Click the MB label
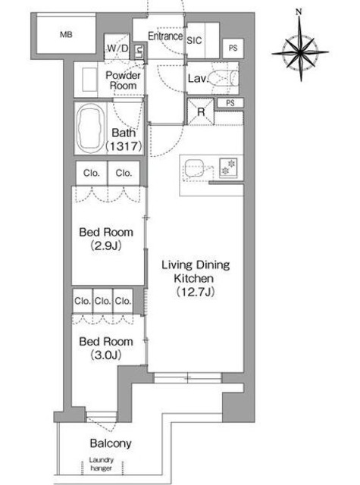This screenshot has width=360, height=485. tap(66, 34)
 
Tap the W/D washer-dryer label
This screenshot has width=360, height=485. tap(117, 48)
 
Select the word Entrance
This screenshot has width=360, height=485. tap(165, 36)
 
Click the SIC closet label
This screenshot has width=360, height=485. tap(194, 40)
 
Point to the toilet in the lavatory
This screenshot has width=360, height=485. tap(222, 77)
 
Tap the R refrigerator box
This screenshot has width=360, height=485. tap(201, 111)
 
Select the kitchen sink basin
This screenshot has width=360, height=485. tap(194, 168)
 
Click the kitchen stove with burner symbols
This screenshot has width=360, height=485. tap(228, 167)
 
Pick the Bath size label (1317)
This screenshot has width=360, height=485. tap(124, 146)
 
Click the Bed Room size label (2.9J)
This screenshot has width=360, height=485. tap(106, 246)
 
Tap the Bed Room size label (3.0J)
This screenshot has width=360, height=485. tap(106, 355)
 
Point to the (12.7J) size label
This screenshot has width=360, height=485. tap(196, 292)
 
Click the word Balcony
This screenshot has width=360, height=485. tap(111, 443)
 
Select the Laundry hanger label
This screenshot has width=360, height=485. tap(101, 464)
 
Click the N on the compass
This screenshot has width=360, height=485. tap(299, 12)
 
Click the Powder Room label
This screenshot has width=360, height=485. tap(123, 80)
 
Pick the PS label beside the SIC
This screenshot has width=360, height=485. tap(233, 48)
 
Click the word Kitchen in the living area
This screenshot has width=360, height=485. tap(193, 278)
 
